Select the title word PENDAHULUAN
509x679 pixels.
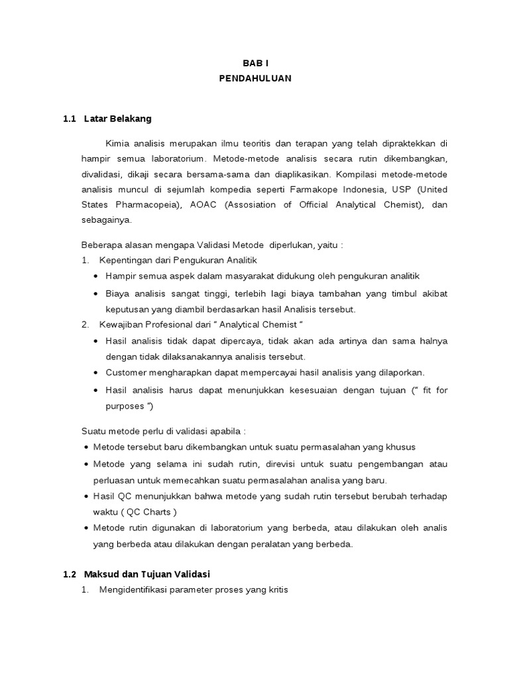(254, 78)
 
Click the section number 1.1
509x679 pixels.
(70, 119)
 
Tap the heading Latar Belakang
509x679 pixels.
(118, 119)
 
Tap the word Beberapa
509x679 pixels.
(99, 245)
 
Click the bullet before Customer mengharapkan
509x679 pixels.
(98, 373)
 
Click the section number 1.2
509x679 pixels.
(70, 574)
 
